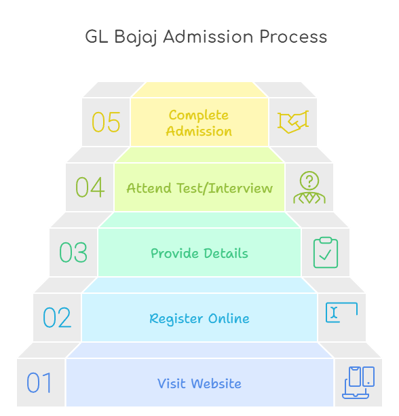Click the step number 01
[x=39, y=382]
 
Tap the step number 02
[x=57, y=318]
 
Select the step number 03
[x=73, y=252]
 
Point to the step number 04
[x=90, y=187]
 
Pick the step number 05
[x=106, y=121]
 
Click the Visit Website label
[x=199, y=383]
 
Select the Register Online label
[x=199, y=318]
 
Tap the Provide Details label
[x=199, y=253]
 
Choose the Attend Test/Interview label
[x=199, y=188]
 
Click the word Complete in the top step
[x=199, y=115]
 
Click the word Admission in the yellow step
[x=199, y=131]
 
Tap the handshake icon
[x=293, y=122]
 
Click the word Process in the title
[x=293, y=37]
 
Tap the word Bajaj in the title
[x=135, y=37]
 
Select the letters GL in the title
[x=96, y=37]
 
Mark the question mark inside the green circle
[x=309, y=181]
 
